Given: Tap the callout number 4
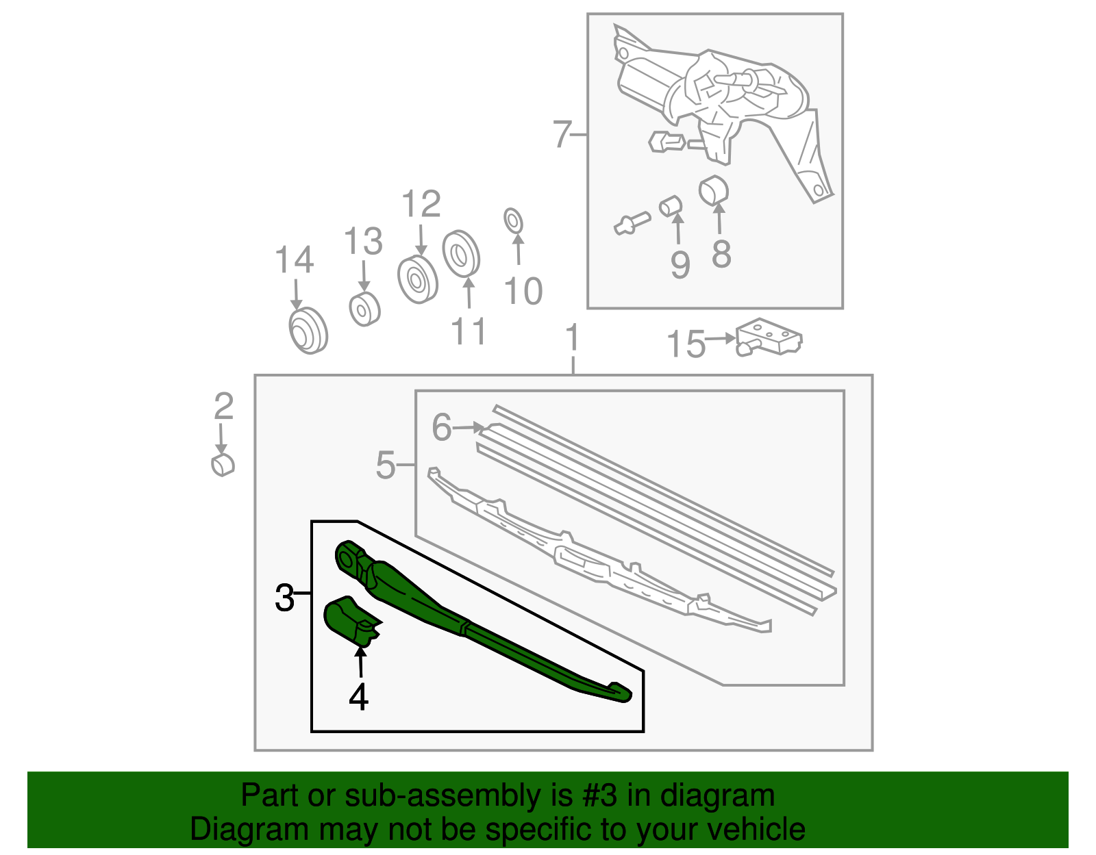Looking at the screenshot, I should pyautogui.click(x=358, y=698).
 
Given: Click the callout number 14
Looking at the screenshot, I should pyautogui.click(x=294, y=261).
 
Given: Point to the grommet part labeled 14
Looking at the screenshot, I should pyautogui.click(x=308, y=331).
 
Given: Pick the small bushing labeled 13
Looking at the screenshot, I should pyautogui.click(x=364, y=309).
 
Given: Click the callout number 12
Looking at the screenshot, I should pyautogui.click(x=421, y=205).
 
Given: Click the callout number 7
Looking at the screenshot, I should pyautogui.click(x=562, y=134).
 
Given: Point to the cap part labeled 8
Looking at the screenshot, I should pyautogui.click(x=713, y=190).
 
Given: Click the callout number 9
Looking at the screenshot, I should pyautogui.click(x=680, y=264).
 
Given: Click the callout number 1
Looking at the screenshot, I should pyautogui.click(x=572, y=338).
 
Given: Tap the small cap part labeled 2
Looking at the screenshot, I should pyautogui.click(x=223, y=464).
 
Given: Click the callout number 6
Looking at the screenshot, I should pyautogui.click(x=442, y=427).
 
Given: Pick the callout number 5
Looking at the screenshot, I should pyautogui.click(x=386, y=465).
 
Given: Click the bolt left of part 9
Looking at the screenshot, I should pyautogui.click(x=632, y=223).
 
